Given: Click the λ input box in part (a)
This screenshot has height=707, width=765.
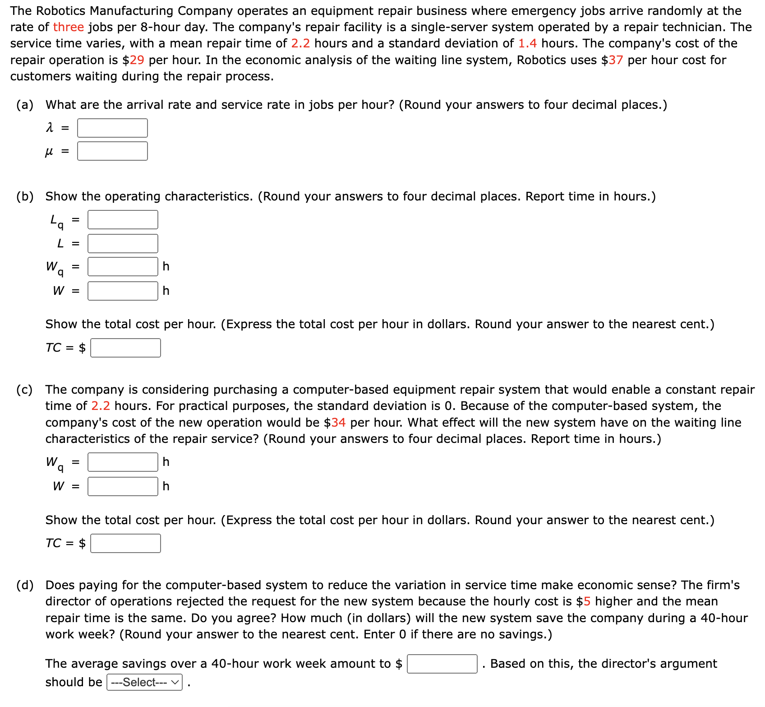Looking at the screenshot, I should pyautogui.click(x=112, y=128).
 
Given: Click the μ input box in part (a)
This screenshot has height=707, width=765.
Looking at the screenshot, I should pyautogui.click(x=112, y=151).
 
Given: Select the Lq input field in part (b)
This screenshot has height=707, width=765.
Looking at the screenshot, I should pyautogui.click(x=123, y=220).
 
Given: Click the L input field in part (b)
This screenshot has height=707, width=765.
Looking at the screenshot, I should pyautogui.click(x=123, y=244).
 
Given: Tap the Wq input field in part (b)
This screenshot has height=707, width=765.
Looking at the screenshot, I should pyautogui.click(x=123, y=267).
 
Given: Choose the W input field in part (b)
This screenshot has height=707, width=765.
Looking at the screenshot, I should pyautogui.click(x=123, y=291).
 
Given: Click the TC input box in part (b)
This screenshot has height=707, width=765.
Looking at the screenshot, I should pyautogui.click(x=125, y=348).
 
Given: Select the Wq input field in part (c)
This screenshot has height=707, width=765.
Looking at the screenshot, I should pyautogui.click(x=123, y=462).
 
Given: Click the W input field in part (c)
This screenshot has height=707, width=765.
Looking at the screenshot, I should pyautogui.click(x=123, y=487).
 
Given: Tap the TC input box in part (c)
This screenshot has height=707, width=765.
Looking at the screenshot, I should pyautogui.click(x=125, y=544).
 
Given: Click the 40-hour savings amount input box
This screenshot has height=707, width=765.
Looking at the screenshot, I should pyautogui.click(x=442, y=664).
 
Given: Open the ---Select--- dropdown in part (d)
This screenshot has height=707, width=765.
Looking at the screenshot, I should pyautogui.click(x=144, y=683).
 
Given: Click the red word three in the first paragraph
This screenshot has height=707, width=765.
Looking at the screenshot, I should pyautogui.click(x=69, y=27).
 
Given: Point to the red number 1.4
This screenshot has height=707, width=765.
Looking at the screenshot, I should pyautogui.click(x=527, y=44).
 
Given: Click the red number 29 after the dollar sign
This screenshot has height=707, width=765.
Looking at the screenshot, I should pyautogui.click(x=137, y=60).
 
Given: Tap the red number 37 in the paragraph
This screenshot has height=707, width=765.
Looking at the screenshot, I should pyautogui.click(x=616, y=60).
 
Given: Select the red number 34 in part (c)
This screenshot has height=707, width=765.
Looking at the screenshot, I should pyautogui.click(x=338, y=423).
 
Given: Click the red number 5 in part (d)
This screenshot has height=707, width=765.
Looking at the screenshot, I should pyautogui.click(x=587, y=602).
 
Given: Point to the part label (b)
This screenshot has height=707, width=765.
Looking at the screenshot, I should pyautogui.click(x=25, y=197).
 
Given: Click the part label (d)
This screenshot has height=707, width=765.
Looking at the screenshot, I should pyautogui.click(x=25, y=586).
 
